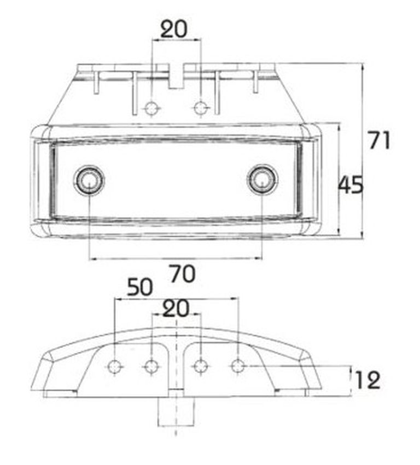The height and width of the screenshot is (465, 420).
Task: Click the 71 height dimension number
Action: coord(379,140)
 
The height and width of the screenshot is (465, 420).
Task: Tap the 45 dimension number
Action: coord(351,185)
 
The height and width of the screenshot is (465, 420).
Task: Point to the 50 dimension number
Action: coord(140,287)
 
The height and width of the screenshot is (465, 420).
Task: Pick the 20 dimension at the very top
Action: coord(174,28)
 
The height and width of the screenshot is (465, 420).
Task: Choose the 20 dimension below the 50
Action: coord(176,308)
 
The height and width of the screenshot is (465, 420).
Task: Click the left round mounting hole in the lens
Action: coord(89,180)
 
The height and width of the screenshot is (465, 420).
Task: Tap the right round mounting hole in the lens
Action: coord(262,180)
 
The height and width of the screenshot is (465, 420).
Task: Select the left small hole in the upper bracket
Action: coord(151,108)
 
